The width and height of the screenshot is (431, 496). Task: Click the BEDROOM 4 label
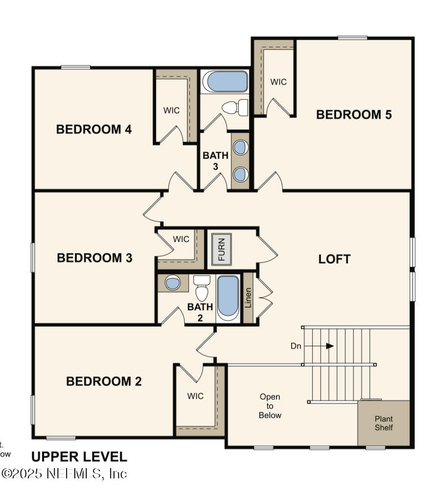(94, 130)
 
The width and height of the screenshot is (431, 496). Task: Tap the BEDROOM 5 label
(354, 115)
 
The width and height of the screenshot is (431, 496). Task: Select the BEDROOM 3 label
(94, 258)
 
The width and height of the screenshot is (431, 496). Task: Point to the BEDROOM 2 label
(104, 382)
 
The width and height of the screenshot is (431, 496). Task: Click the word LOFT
(334, 259)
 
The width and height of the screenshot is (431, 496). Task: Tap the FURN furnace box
(222, 249)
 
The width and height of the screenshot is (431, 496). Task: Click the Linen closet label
(249, 298)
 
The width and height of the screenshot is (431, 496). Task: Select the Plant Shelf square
(384, 423)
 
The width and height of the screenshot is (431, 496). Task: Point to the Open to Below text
(270, 406)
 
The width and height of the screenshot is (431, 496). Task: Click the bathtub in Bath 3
(225, 82)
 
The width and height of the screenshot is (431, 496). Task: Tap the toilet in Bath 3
(235, 108)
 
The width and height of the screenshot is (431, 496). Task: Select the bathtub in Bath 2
(227, 297)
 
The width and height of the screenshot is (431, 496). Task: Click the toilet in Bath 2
(202, 289)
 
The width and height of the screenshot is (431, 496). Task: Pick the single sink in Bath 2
(172, 283)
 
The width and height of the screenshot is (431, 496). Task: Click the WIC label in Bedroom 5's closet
(278, 82)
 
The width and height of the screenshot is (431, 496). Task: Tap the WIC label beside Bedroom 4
(171, 110)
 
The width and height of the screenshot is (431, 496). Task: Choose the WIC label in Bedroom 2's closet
(195, 396)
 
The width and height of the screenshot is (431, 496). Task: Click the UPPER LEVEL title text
(79, 457)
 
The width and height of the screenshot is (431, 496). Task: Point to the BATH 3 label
(215, 160)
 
